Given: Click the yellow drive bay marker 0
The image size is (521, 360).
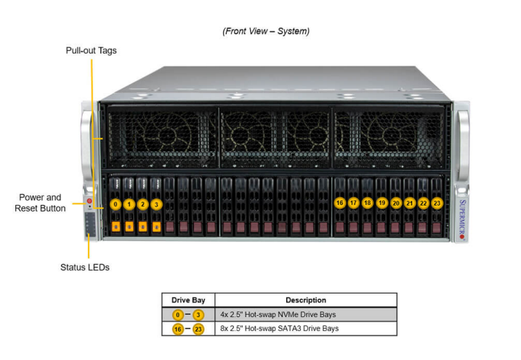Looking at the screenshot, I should (116, 204).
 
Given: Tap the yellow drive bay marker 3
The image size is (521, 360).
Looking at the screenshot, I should (156, 204).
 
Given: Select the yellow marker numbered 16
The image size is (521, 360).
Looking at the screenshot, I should (339, 203).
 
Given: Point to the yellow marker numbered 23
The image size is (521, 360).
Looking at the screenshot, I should (437, 203).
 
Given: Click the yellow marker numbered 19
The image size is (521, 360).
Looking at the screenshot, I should (381, 203).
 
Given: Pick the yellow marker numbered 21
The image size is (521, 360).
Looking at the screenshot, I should (409, 203).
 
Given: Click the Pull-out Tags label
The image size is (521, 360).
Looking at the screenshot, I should (92, 51).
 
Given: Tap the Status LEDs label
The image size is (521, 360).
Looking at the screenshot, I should (84, 267).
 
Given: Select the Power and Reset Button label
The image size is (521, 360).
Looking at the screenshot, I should (40, 203).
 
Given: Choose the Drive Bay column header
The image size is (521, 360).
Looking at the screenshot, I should (189, 300).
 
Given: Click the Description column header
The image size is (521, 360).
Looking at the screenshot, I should (305, 300).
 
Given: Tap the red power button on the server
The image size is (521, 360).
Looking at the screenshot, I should (89, 200).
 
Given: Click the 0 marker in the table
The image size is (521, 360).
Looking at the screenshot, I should (174, 314).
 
